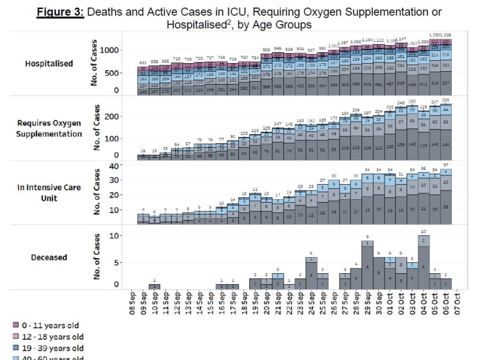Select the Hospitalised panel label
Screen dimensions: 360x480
tap(49, 64)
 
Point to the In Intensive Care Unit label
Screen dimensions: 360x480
tap(49, 193)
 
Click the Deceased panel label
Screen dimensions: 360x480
tap(49, 258)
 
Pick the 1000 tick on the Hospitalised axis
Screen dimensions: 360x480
tap(110, 50)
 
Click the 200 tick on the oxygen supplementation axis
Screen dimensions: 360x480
tap(112, 116)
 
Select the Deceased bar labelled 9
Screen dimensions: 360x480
tap(367, 263)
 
